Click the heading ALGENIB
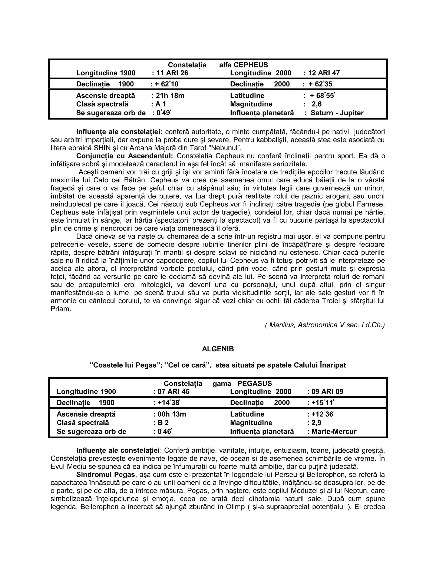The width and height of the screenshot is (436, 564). tap(218, 349)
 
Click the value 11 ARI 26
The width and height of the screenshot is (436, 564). tap(172, 73)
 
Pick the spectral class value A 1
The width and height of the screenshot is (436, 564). tap(161, 104)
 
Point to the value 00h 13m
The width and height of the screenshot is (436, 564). tap(172, 414)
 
